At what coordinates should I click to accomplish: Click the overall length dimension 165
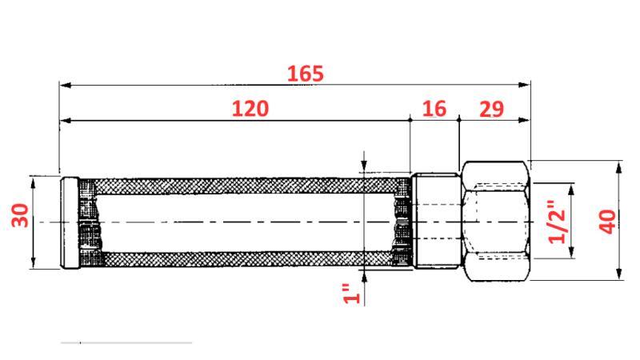click(x=306, y=74)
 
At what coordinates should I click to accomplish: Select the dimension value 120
click(x=250, y=109)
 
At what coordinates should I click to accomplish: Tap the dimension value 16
click(x=434, y=109)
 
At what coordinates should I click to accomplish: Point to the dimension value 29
click(x=491, y=109)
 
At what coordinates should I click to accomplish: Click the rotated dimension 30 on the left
click(x=21, y=214)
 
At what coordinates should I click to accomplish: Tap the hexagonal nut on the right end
click(x=496, y=221)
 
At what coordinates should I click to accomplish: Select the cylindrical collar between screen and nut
click(x=435, y=222)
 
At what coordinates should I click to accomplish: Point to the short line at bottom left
click(x=126, y=342)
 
